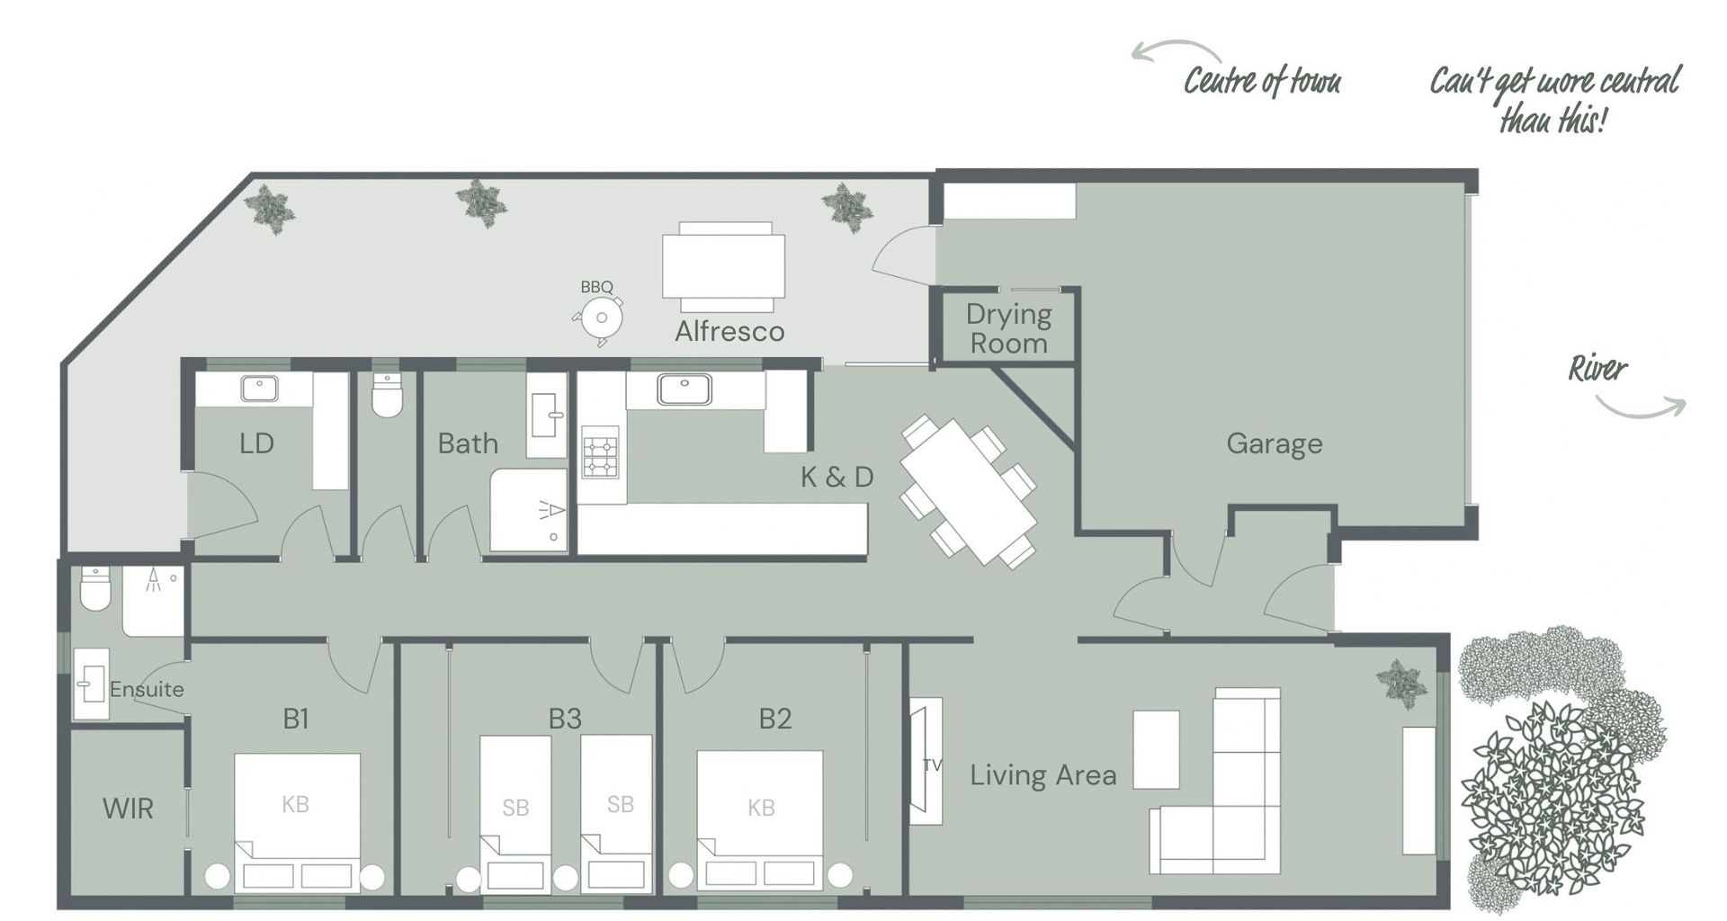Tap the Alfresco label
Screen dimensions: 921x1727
coord(729,332)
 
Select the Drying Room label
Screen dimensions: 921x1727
coord(1007,328)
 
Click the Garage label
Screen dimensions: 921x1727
coord(1274,443)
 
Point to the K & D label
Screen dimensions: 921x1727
coord(837,477)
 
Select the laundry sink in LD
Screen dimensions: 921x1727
coord(259,389)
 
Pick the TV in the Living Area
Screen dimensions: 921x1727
coord(926,762)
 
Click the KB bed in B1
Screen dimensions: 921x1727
coord(297,820)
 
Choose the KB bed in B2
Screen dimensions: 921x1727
coord(760,820)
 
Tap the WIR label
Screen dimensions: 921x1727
coord(128,809)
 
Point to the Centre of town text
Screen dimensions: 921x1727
coord(1261,82)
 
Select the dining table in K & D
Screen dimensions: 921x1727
coord(969,490)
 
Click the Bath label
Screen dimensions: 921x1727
coord(467,443)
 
